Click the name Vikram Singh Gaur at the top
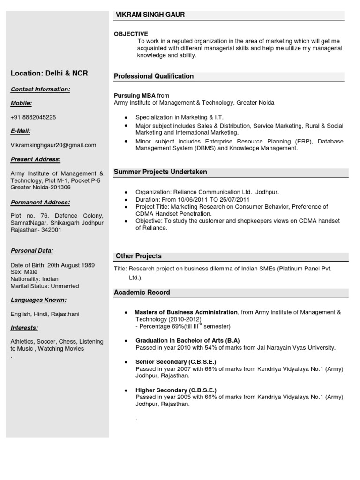[150, 15]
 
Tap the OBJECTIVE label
[131, 34]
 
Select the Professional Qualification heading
[154, 76]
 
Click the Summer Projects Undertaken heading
[160, 172]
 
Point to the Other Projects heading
[138, 256]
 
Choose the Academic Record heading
[142, 292]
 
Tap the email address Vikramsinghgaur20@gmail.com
[53, 145]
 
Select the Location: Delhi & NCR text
[49, 73]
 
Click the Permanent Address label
[40, 202]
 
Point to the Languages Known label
[38, 300]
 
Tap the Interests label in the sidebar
[24, 328]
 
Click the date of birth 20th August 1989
[70, 265]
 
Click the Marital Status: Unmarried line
[45, 286]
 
